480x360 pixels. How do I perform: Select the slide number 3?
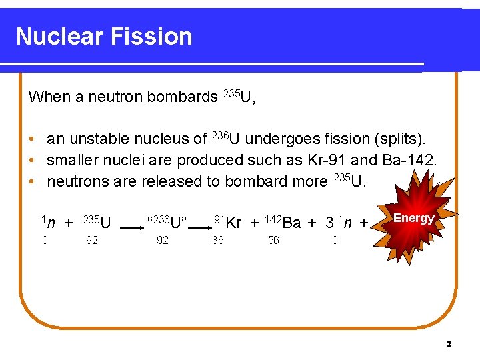click(x=449, y=345)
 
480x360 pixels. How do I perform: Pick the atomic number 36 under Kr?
click(x=218, y=241)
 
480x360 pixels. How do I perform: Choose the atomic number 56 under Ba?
click(x=273, y=241)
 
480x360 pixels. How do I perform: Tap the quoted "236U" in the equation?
click(x=166, y=221)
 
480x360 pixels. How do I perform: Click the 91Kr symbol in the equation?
click(x=227, y=221)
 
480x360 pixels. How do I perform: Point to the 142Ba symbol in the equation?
click(x=283, y=221)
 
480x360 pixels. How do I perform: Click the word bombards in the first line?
click(x=182, y=97)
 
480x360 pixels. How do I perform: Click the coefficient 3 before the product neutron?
click(x=329, y=222)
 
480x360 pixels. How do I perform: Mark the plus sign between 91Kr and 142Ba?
click(x=254, y=223)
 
